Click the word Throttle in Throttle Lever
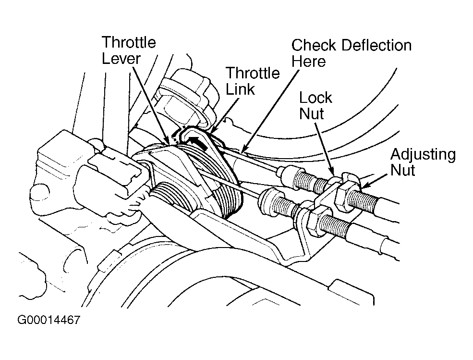[129, 42]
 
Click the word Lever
[121, 59]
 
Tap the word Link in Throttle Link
[241, 89]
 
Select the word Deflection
[377, 45]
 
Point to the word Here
[309, 62]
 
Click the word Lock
[315, 98]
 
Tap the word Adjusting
[423, 155]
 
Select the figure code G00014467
[49, 320]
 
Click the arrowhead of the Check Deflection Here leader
[243, 149]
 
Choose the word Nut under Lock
[312, 114]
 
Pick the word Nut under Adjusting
[402, 170]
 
